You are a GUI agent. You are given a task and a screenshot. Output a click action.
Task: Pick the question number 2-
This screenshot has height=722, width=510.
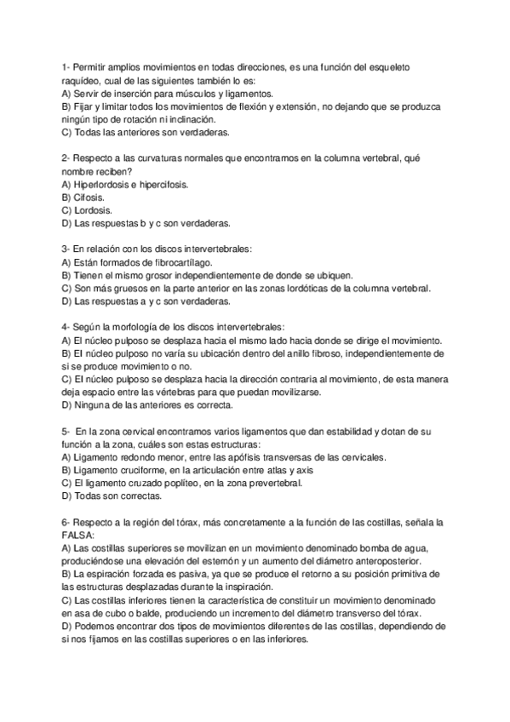[66, 158]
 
